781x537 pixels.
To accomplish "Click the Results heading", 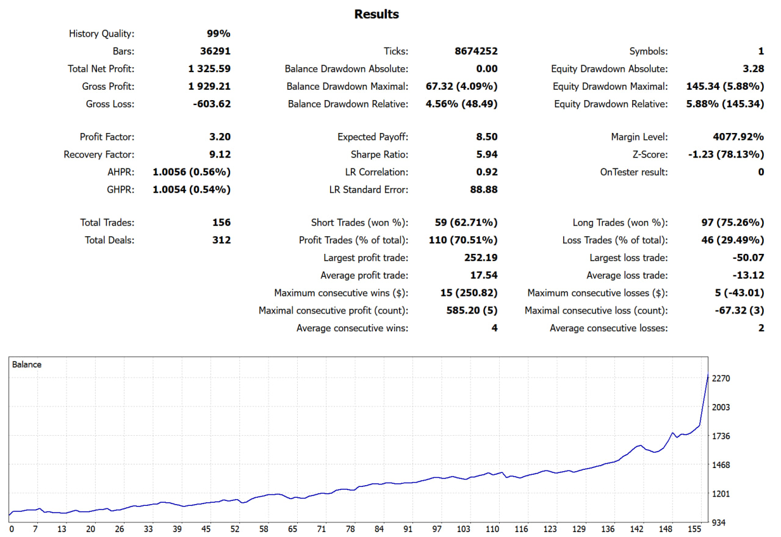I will [x=376, y=14].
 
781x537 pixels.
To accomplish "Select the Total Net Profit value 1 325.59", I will [x=209, y=69].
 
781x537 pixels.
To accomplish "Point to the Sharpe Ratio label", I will [x=380, y=155].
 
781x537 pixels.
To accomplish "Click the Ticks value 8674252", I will [x=476, y=52].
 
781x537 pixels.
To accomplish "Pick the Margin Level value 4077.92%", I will [x=734, y=137].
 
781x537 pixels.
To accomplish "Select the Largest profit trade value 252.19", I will [x=481, y=258].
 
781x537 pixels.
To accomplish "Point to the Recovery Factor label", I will [x=99, y=155].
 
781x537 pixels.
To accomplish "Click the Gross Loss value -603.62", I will [x=211, y=104].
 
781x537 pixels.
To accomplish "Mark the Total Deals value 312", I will [x=221, y=240].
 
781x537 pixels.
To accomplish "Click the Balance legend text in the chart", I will [x=27, y=365].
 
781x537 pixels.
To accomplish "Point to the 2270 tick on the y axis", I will [x=721, y=378].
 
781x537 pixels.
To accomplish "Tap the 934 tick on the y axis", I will [x=719, y=523].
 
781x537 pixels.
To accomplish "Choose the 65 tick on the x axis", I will [x=293, y=529].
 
